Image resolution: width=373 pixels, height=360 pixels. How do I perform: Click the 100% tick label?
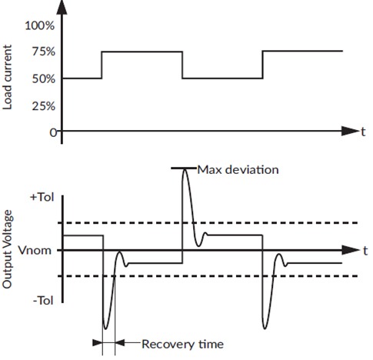(40, 25)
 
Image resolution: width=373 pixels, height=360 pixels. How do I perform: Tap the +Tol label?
(41, 198)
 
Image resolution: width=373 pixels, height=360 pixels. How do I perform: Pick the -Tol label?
(41, 301)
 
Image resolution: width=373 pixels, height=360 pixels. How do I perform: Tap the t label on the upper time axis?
(362, 132)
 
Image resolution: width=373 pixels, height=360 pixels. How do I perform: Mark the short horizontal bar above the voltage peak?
(183, 168)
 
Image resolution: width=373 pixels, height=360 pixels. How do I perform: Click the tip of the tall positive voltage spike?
(184, 171)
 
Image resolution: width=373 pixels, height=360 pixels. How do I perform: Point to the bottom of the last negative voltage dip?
(266, 326)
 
